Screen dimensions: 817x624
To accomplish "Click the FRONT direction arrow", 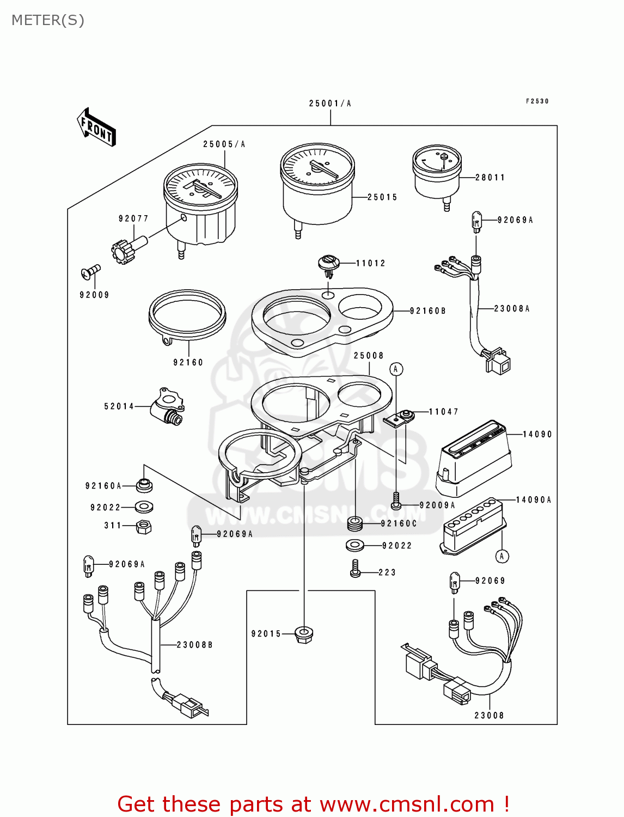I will pyautogui.click(x=97, y=127).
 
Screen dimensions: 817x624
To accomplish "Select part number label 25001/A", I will pyautogui.click(x=330, y=103).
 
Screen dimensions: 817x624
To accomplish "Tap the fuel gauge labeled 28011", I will pyautogui.click(x=437, y=173).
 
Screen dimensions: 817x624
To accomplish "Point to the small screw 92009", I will pyautogui.click(x=91, y=270).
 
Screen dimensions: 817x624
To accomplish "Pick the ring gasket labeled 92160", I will pyautogui.click(x=187, y=316).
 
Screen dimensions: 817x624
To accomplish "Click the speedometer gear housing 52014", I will pyautogui.click(x=167, y=406).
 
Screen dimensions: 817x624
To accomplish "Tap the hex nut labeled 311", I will pyautogui.click(x=144, y=527).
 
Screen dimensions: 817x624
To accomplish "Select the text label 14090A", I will pyautogui.click(x=534, y=500).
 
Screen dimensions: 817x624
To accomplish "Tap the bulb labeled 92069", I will pyautogui.click(x=455, y=582).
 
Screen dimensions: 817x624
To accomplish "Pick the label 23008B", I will pyautogui.click(x=194, y=645).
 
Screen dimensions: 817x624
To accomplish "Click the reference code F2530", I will pyautogui.click(x=537, y=101).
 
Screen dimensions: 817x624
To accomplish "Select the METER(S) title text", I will pyautogui.click(x=48, y=20).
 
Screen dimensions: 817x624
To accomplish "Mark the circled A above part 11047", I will pyautogui.click(x=396, y=369).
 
